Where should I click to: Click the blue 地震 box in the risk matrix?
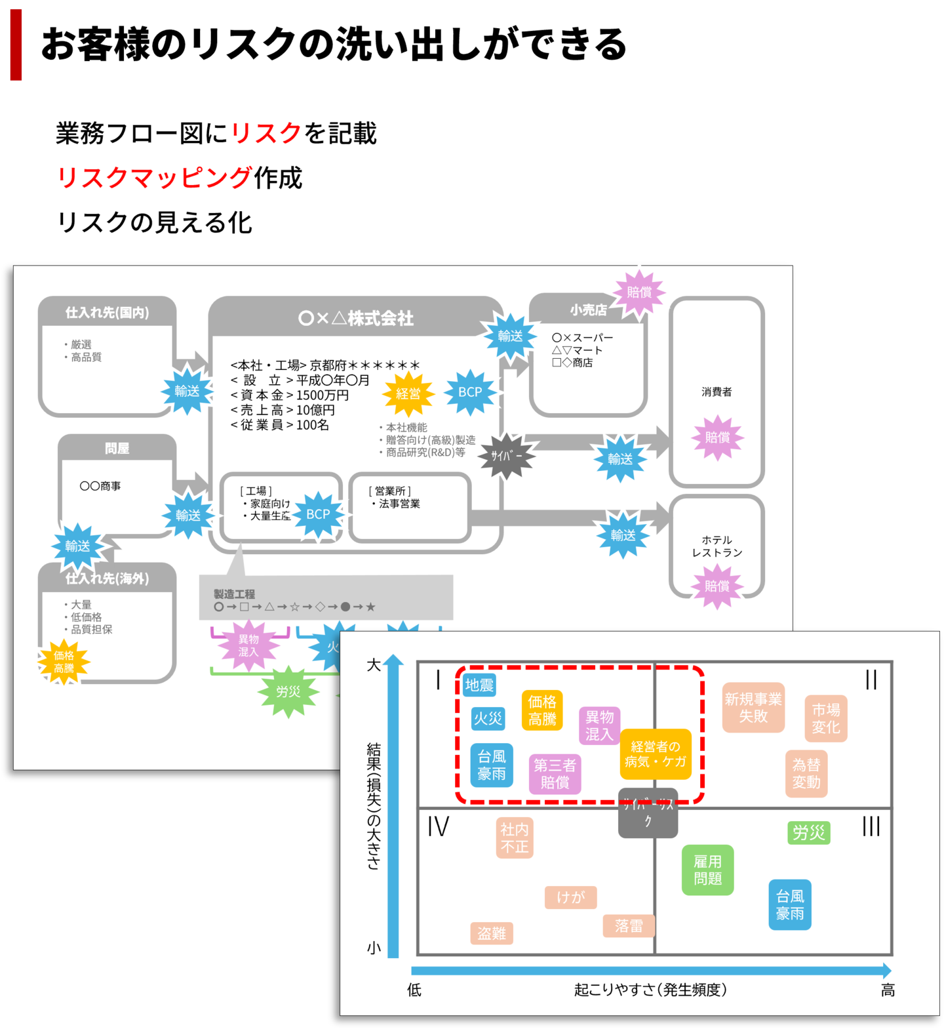coord(479,685)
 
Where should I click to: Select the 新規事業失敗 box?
coord(753,708)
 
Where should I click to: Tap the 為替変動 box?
coord(806,773)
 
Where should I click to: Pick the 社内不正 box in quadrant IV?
coord(515,838)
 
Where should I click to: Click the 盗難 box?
coord(492,933)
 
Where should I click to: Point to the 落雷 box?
coord(629,926)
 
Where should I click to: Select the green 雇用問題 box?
coord(707,870)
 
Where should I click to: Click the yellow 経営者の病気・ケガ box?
coord(656,754)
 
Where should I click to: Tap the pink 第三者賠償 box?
coord(555,774)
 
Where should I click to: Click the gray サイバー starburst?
coord(506,455)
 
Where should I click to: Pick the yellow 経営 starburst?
coord(408,394)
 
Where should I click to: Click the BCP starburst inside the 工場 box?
coord(318,515)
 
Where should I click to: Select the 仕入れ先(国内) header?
coord(108,313)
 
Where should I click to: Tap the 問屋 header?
coord(117,449)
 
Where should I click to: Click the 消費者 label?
coord(717,392)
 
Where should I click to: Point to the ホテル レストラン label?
coord(717,546)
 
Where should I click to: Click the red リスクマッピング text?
coord(155,177)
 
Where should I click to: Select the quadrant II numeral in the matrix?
coord(871,679)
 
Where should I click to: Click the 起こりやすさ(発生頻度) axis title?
coord(650,990)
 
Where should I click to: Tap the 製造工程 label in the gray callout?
coord(234,594)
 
